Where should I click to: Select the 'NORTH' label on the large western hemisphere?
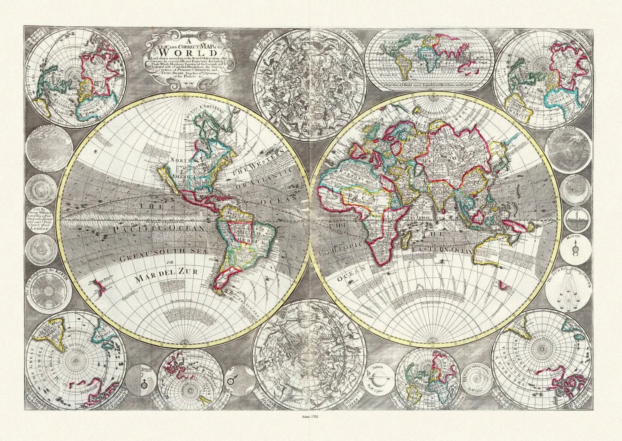[x=170, y=161]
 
